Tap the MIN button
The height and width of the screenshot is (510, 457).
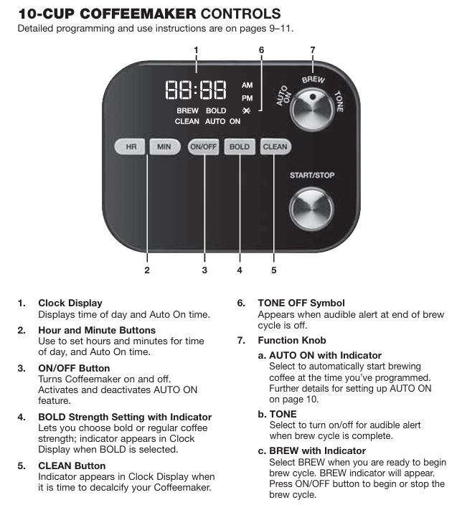(x=164, y=147)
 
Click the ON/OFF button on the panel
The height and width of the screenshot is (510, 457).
(x=203, y=147)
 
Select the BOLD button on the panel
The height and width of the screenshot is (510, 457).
(x=239, y=147)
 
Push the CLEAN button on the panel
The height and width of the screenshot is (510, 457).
(x=275, y=147)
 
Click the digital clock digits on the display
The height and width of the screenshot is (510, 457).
(x=196, y=90)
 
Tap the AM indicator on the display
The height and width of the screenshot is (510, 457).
(x=247, y=85)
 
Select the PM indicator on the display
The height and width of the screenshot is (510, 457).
(x=247, y=98)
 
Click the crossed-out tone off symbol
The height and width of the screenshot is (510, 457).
(x=248, y=110)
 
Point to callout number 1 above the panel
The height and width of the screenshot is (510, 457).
(x=196, y=49)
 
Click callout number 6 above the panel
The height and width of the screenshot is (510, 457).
(x=261, y=49)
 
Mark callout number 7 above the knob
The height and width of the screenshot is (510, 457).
(x=312, y=49)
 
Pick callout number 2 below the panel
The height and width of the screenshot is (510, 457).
(x=147, y=270)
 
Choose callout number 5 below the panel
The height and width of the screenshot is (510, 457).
(x=273, y=270)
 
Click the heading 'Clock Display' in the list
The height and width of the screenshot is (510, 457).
(x=70, y=303)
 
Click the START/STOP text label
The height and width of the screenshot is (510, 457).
(x=311, y=175)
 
